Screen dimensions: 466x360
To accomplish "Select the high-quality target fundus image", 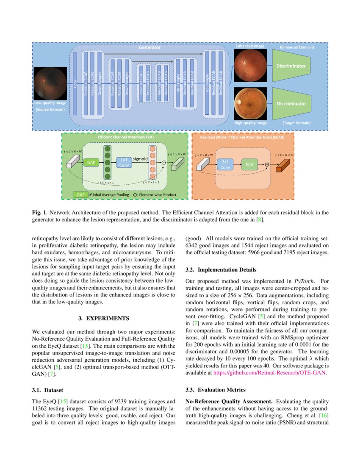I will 250,103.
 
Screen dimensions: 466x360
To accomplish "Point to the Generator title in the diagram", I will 150,47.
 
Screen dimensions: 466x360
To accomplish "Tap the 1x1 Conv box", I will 125,162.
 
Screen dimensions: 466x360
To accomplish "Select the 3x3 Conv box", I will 224,164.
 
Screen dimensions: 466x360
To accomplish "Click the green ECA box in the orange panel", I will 250,164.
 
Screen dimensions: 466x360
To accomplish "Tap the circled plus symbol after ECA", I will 267,165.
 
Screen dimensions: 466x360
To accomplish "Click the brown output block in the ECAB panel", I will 281,165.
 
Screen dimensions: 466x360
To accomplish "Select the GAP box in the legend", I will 80,194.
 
